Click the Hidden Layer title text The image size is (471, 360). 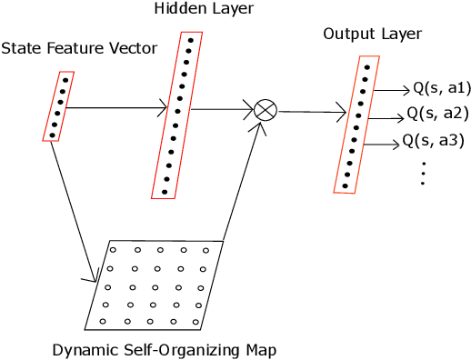pos(192,10)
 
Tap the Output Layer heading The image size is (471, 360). pos(372,35)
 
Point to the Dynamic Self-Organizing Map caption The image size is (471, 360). pos(164,350)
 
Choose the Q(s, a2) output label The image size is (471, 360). pos(437,114)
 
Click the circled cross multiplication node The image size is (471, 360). pos(265,110)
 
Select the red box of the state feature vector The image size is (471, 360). pos(58,106)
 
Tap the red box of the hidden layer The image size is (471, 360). pos(177,115)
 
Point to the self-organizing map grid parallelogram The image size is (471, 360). pos(155,285)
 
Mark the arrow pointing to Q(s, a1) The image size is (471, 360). pos(392,90)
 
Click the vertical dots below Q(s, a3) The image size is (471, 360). pos(424,173)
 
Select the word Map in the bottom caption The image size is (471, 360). pos(259,350)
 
